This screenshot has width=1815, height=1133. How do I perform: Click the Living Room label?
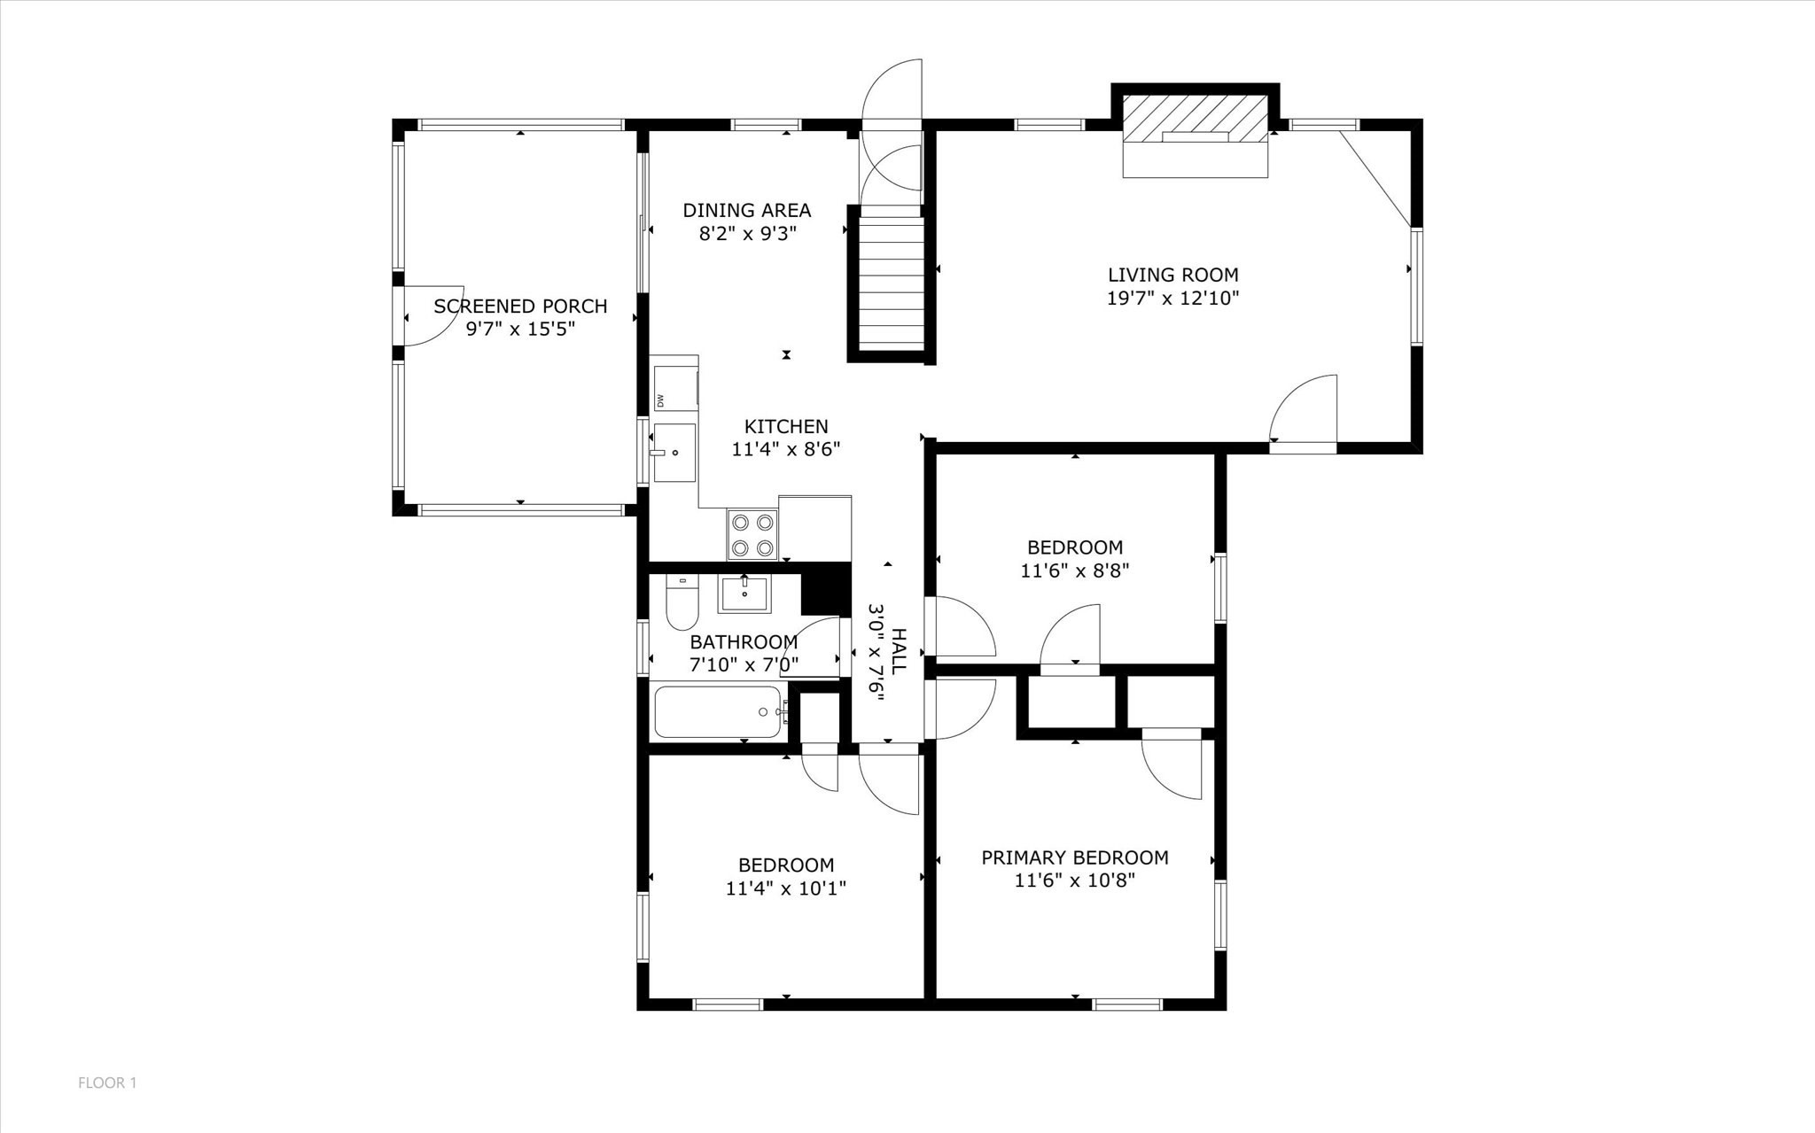coord(1172,275)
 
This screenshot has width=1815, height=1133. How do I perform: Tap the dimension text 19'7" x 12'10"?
coord(1172,299)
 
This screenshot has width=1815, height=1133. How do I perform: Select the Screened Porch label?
coord(520,307)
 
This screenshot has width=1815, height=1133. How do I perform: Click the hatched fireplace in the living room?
coord(1195,118)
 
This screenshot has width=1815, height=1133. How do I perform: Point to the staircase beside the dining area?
coord(892,283)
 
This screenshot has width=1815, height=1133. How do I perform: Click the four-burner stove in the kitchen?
coord(752,534)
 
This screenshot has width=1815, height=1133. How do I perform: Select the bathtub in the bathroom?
coord(718,711)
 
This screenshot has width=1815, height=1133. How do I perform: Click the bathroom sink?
coord(744,593)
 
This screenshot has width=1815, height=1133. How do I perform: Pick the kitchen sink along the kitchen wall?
coord(674,453)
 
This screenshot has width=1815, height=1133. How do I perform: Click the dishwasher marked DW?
coord(674,383)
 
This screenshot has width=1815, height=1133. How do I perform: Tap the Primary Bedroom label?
coord(1074,858)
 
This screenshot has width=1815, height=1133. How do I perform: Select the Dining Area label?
coord(746,211)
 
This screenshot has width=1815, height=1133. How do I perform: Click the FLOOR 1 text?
coord(107,1083)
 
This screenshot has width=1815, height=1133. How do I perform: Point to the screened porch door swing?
coord(432,316)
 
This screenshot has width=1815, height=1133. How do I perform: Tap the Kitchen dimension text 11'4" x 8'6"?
coord(785,450)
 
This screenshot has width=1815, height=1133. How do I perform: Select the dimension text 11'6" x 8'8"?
coord(1074,571)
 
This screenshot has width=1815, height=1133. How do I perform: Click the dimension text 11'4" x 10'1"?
coord(785,889)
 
